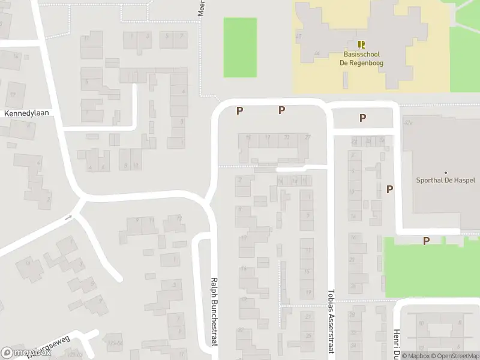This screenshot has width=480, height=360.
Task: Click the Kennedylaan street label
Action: [26, 112]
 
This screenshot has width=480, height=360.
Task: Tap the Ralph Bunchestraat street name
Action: [214, 311]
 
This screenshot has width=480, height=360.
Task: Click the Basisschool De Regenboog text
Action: [362, 58]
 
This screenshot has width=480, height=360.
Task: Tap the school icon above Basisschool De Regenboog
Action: [361, 44]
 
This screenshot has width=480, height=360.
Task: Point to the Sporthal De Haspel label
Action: [445, 180]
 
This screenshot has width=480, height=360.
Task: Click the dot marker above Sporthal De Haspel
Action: [445, 172]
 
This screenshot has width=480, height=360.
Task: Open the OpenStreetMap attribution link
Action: [454, 356]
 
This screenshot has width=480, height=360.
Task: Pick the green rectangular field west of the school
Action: [240, 47]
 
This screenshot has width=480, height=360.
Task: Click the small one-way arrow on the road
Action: [68, 217]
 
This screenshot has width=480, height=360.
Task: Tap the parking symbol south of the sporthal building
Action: [426, 241]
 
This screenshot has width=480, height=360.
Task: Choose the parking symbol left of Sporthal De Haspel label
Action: [389, 189]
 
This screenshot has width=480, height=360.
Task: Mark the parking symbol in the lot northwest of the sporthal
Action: [362, 118]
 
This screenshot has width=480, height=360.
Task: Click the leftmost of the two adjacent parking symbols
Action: [239, 110]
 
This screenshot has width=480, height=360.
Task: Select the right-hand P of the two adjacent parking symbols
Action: [281, 110]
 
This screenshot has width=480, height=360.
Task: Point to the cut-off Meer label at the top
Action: [202, 8]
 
